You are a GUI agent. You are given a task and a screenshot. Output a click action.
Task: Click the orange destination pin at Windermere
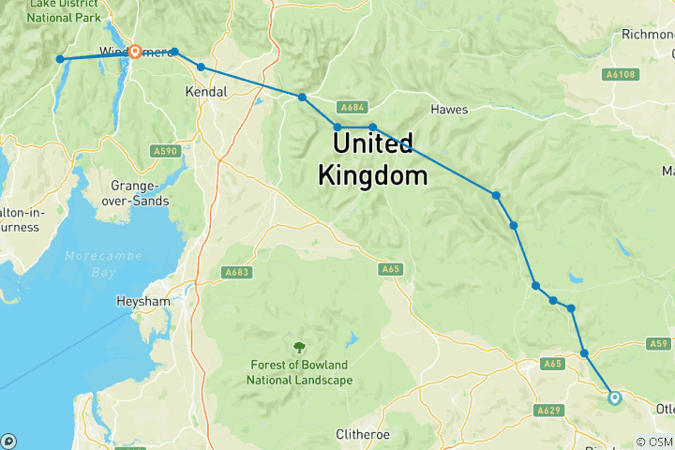135,52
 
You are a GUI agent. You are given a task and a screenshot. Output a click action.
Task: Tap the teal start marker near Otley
615,397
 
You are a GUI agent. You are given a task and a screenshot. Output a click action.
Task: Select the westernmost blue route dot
60,59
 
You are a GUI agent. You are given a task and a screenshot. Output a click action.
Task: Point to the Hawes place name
449,110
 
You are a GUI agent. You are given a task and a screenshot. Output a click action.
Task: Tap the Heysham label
142,303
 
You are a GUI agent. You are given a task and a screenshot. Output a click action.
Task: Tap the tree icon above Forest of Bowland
299,348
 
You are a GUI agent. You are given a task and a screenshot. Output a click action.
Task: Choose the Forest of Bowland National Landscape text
299,373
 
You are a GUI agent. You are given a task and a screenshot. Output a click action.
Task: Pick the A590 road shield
165,151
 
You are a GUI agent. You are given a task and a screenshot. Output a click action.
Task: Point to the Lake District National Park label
66,11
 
